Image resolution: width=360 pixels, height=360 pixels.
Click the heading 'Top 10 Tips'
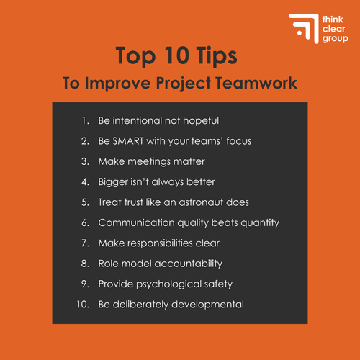pyautogui.click(x=179, y=57)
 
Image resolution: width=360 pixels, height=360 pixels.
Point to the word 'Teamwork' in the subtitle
pyautogui.click(x=257, y=83)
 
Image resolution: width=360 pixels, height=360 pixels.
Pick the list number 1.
pyautogui.click(x=85, y=120)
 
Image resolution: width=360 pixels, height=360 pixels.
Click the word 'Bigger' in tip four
pyautogui.click(x=113, y=181)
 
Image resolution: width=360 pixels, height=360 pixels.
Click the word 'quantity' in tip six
pyautogui.click(x=257, y=222)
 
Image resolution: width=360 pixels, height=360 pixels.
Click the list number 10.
pyautogui.click(x=82, y=305)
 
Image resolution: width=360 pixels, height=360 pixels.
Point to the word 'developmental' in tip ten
pyautogui.click(x=209, y=305)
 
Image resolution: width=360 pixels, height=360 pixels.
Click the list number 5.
pyautogui.click(x=85, y=202)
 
